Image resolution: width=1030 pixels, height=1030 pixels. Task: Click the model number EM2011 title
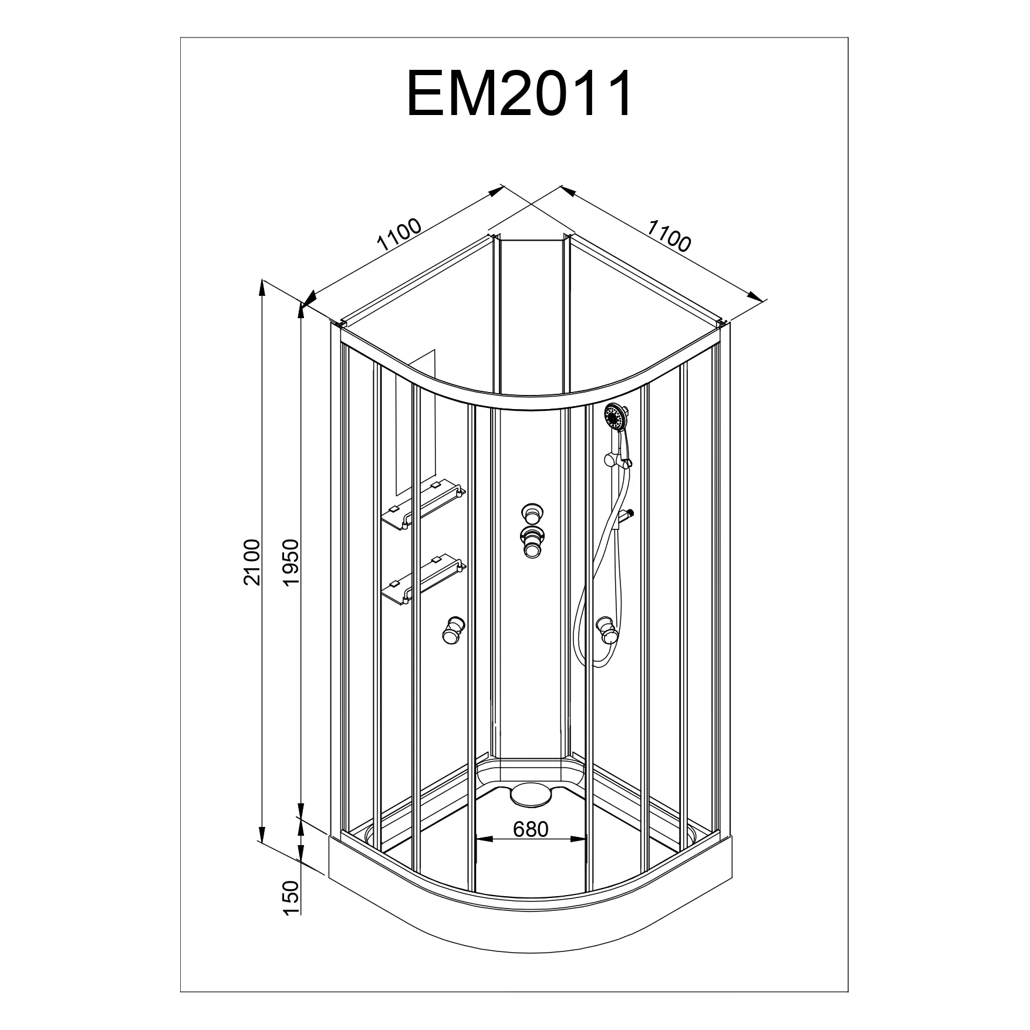[520, 94]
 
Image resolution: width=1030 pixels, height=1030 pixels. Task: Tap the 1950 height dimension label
[291, 562]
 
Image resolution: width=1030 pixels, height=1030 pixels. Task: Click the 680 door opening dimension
[531, 829]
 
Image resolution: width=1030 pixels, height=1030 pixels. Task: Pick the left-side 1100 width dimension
[400, 235]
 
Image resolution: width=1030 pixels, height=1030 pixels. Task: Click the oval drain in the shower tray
[531, 795]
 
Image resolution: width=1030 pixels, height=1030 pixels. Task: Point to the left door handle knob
[452, 630]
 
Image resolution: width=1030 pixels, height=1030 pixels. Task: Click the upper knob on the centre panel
[531, 513]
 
